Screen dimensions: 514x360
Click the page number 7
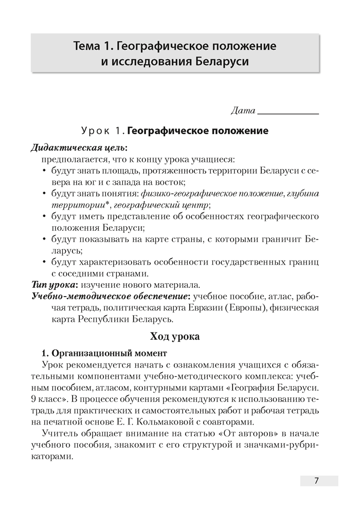click(x=317, y=481)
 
